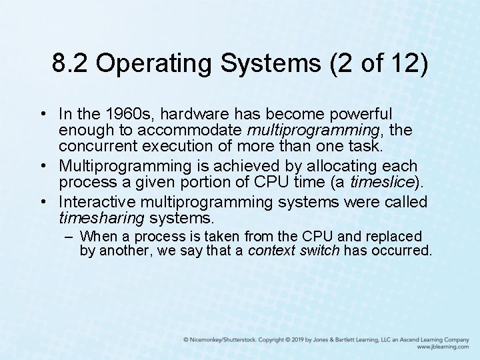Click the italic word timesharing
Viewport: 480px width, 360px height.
[102, 218]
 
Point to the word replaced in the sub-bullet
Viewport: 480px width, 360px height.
[394, 237]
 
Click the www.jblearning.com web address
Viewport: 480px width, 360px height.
[443, 347]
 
